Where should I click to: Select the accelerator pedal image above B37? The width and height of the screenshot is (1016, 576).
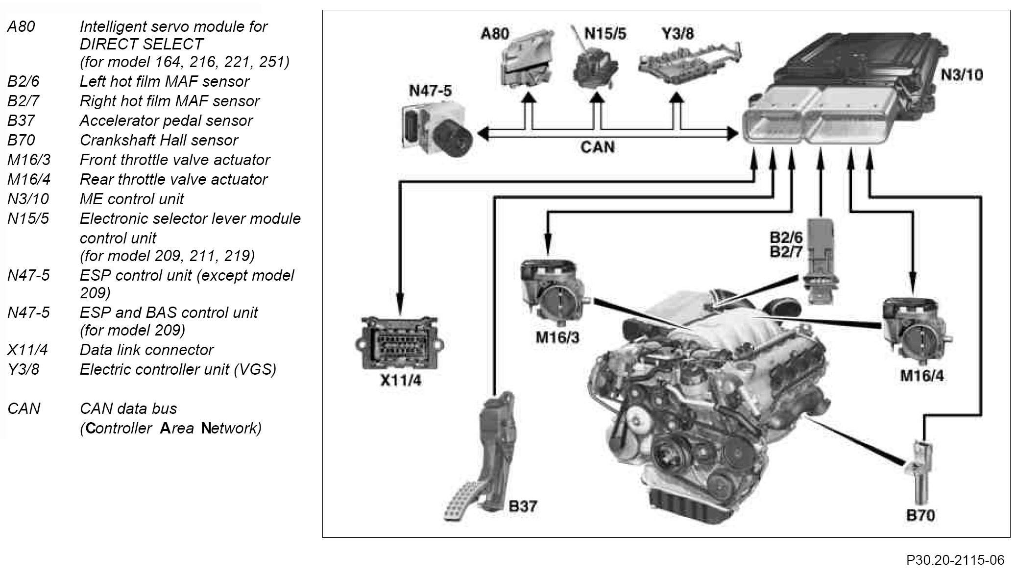click(485, 460)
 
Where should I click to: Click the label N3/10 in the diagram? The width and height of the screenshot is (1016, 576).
click(961, 75)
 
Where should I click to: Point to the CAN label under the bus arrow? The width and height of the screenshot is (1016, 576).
click(597, 147)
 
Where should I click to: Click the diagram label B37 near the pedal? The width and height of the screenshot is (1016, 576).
click(523, 506)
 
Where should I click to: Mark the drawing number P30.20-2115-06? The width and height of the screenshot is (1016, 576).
click(955, 560)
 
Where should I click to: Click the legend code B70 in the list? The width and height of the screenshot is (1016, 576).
click(21, 140)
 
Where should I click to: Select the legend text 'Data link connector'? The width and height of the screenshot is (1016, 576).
click(146, 350)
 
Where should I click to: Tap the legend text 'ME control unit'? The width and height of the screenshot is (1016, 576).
click(132, 199)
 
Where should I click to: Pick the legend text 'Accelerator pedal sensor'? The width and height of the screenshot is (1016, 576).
click(166, 120)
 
